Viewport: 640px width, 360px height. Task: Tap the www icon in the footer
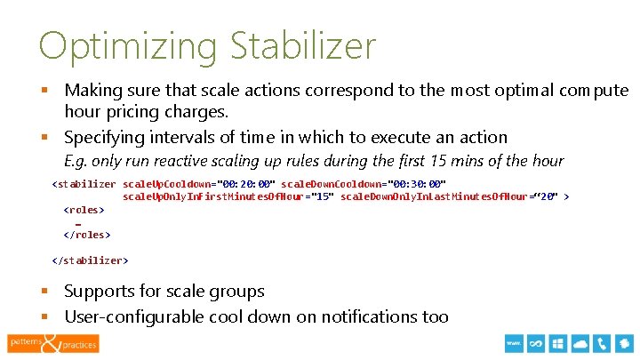(x=514, y=343)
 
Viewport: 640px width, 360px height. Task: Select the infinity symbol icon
(x=536, y=343)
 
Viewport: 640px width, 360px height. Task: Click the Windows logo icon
(x=558, y=343)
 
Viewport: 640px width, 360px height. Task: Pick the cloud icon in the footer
(x=580, y=343)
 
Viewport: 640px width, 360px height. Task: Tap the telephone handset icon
(x=603, y=343)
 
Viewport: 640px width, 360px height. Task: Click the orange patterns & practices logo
(x=53, y=342)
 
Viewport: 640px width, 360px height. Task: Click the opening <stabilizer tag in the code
(x=84, y=184)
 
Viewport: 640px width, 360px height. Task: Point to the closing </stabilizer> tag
(x=91, y=260)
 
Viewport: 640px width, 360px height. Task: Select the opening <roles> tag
(x=84, y=210)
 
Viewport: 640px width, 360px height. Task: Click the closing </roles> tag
(x=87, y=235)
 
